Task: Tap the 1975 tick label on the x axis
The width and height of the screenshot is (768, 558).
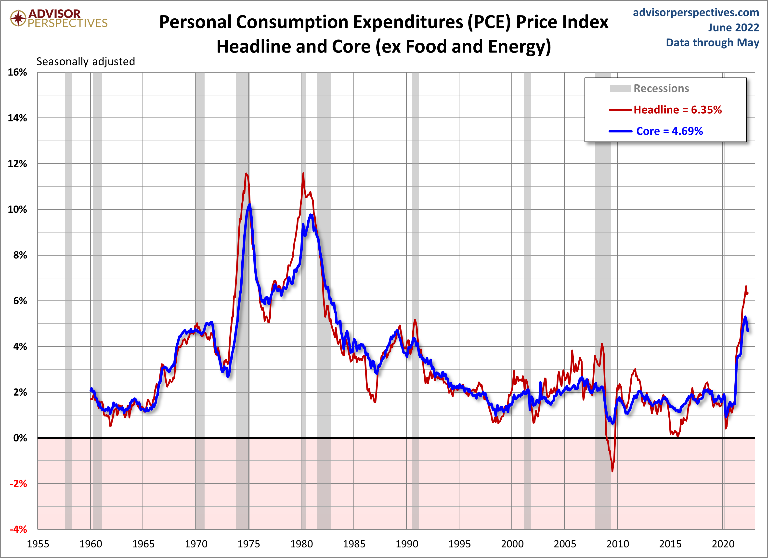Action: [248, 544]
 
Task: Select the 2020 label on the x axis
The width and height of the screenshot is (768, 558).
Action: [723, 544]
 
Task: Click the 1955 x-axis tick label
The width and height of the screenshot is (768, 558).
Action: [38, 544]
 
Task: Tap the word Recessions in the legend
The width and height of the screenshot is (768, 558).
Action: [661, 88]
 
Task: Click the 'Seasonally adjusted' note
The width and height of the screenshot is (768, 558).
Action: [86, 62]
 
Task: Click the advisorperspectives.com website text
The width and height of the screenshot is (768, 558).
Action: [696, 13]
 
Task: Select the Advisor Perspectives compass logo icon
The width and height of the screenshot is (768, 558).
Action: [18, 18]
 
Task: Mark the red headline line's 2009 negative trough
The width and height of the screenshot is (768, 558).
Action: [612, 471]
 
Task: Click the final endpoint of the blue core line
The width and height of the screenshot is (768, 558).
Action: [747, 331]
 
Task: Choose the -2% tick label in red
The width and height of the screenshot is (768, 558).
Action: [18, 483]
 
